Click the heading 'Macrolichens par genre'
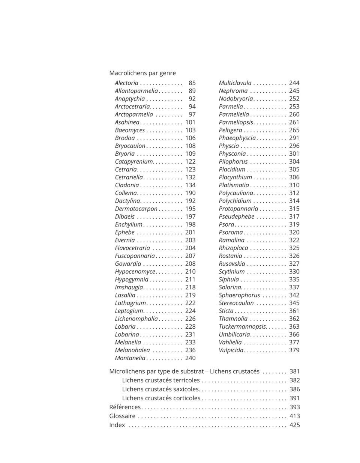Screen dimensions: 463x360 142,73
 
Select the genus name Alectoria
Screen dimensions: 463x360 126,83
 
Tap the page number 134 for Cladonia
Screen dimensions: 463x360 190,185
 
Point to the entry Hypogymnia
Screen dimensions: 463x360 132,280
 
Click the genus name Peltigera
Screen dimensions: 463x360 230,130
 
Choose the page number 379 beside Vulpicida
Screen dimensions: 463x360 294,350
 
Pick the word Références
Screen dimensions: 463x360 125,407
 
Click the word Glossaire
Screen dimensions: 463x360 122,416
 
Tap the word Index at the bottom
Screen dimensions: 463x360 117,425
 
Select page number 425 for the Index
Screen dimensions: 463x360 295,425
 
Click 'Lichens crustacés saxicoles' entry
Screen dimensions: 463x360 160,389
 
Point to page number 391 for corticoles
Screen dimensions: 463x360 295,398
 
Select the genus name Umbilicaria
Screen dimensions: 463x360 234,334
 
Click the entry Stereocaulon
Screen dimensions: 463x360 236,303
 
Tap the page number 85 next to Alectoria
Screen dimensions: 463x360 192,83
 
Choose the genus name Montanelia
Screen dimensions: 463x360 130,358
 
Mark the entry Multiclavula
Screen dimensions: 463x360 235,83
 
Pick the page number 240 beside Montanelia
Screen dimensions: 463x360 190,358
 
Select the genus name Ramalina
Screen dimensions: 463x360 231,240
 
